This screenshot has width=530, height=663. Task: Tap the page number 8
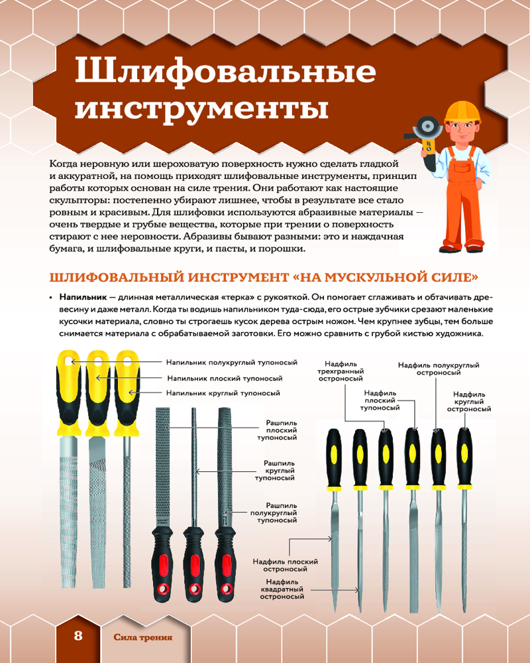tap(78, 636)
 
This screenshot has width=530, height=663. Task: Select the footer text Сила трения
tap(143, 637)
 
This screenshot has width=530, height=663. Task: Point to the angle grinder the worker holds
tap(424, 133)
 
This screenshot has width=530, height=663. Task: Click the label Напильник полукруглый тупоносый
tap(232, 363)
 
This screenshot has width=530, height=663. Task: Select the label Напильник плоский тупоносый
tap(225, 378)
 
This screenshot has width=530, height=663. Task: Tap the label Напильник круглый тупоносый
tap(223, 393)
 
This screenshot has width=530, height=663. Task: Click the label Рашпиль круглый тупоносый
tap(275, 471)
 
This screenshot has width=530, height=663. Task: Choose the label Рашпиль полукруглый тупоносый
tap(274, 512)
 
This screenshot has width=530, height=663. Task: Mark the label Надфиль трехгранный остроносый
tap(341, 371)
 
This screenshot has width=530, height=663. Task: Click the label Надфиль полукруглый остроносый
tap(439, 369)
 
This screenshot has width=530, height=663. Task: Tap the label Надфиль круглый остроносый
tap(469, 402)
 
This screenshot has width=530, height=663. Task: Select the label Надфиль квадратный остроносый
tap(282, 589)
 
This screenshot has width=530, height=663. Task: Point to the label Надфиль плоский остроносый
tap(286, 566)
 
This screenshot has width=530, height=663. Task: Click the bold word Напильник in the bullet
tap(83, 297)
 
